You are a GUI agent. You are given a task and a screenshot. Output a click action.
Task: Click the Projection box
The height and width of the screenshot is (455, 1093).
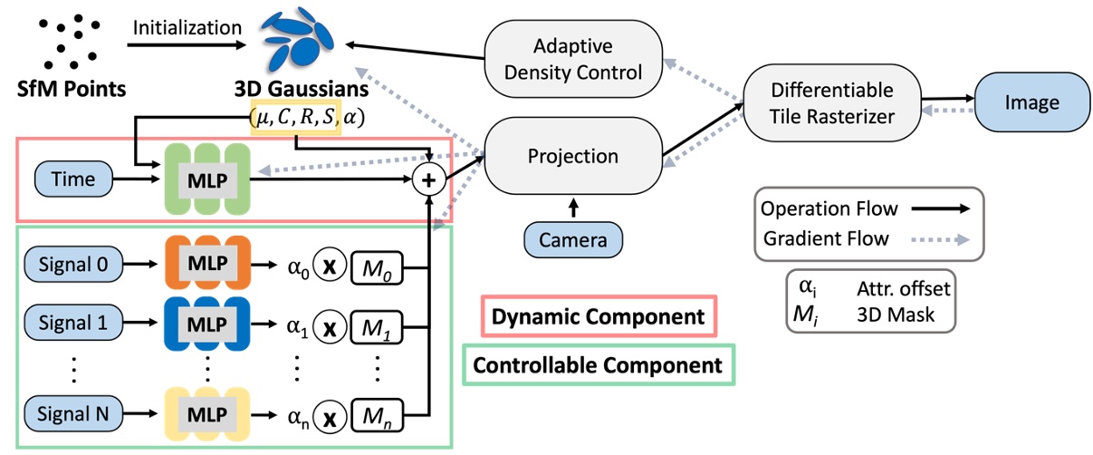[x=573, y=157]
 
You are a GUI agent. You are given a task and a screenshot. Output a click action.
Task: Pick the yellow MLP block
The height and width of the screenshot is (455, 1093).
[x=206, y=414]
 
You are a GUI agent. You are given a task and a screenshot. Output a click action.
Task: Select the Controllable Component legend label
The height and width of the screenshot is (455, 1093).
[x=599, y=365]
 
